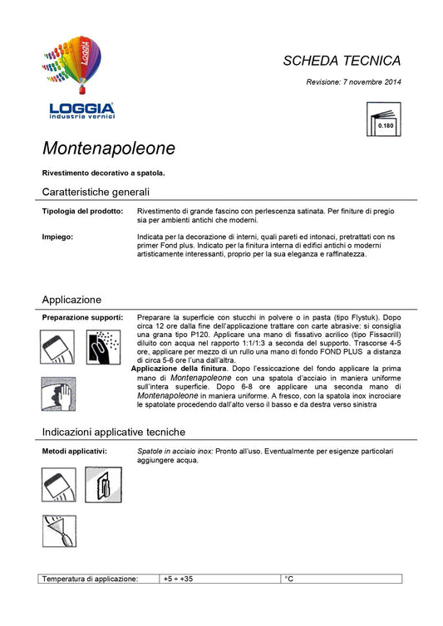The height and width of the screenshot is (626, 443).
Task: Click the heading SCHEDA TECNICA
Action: coord(342,61)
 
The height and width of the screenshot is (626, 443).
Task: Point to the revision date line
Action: coord(353,82)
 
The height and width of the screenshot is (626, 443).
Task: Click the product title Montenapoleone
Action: coord(109,149)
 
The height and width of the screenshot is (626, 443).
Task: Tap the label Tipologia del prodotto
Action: coord(82,212)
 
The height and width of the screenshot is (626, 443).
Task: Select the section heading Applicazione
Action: coord(71,299)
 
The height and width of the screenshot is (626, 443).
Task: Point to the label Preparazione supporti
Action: coord(82,318)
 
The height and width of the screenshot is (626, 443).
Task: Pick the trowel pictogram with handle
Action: coord(103,485)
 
